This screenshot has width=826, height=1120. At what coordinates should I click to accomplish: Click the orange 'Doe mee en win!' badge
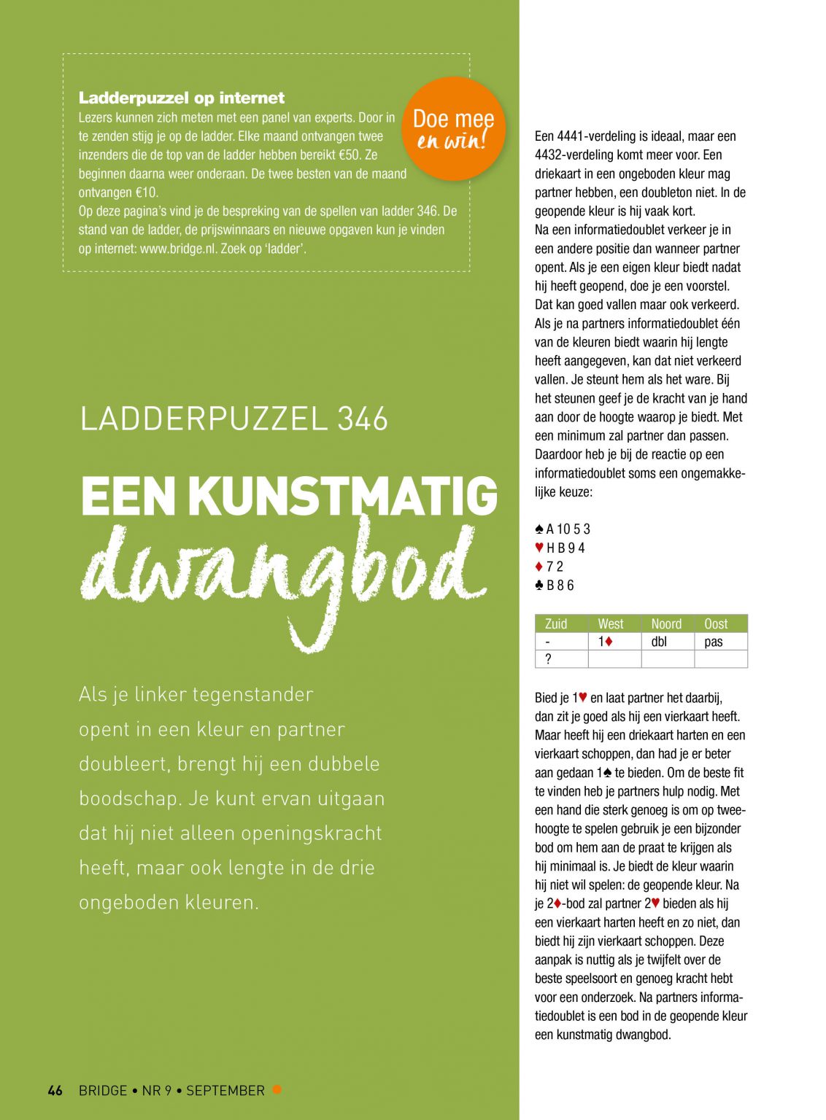pos(453,128)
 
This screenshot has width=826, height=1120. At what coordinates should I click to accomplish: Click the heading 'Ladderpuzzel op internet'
pos(182,98)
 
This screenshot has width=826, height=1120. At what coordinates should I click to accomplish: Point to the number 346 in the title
pos(363,419)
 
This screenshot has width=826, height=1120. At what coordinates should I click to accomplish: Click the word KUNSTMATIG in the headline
pos(343,497)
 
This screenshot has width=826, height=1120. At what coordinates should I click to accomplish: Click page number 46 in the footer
pos(55,1090)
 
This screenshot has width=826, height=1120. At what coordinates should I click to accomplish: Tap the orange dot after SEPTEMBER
pos(277,1089)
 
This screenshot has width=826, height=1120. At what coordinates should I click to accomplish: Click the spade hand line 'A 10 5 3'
pos(563,529)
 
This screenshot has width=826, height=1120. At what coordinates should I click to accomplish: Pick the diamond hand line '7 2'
pos(549,567)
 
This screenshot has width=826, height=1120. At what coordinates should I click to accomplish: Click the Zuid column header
pos(556,623)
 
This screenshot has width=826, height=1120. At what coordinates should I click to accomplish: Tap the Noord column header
pos(666,623)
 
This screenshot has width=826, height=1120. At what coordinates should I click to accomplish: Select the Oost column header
pos(716,623)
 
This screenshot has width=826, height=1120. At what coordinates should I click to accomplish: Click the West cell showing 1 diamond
pos(606,642)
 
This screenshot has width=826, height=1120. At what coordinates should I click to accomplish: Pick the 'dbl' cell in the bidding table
pos(659,642)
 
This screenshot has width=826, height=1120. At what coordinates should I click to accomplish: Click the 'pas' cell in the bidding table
pos(714,642)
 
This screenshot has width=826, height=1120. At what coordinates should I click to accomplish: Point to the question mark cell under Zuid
pos(548,659)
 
